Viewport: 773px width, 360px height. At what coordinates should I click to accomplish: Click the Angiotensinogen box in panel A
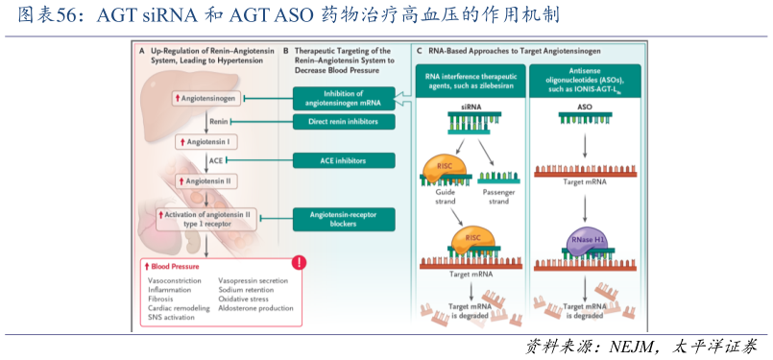pos(206,99)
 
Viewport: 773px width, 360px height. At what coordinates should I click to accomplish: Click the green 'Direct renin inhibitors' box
pos(344,122)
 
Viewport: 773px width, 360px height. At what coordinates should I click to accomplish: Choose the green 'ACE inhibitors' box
pos(344,160)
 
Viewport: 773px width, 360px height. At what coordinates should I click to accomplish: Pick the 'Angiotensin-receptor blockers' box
pos(344,219)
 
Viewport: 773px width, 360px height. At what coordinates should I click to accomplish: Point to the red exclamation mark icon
pos(300,262)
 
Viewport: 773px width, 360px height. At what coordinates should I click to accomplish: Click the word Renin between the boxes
pos(219,122)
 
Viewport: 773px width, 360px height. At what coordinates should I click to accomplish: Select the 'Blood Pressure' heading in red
pos(174,265)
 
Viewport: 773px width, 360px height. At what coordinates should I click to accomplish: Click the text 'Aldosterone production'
pos(255,308)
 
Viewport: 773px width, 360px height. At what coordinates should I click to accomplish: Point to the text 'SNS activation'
pos(171,317)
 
